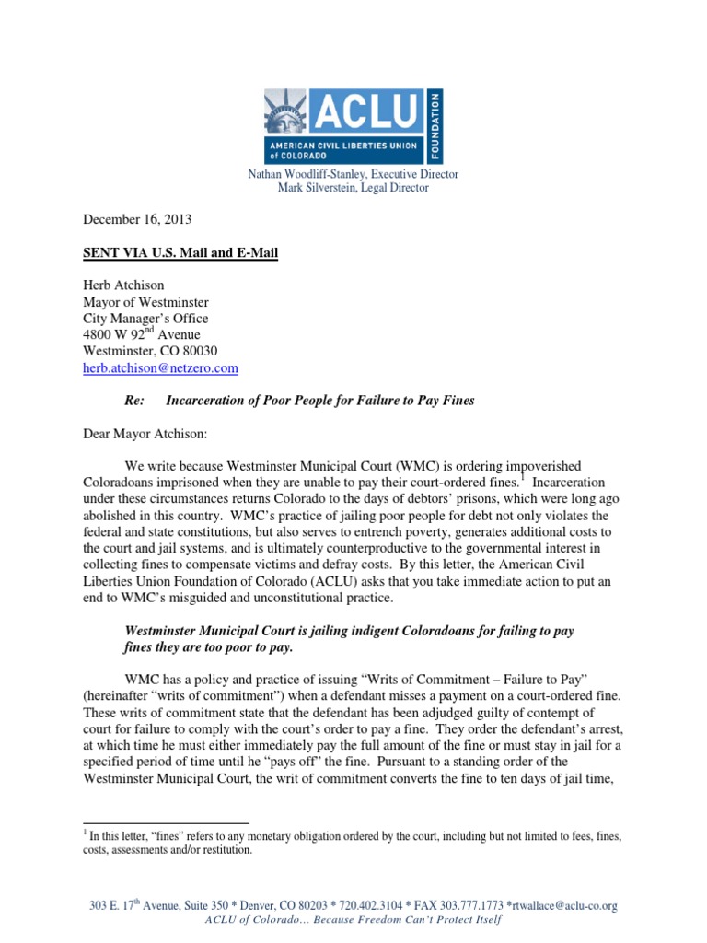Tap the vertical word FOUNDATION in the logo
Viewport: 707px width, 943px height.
tap(436, 126)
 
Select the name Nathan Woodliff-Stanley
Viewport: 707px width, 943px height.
tap(310, 174)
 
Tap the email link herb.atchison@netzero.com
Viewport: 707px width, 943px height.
tap(161, 367)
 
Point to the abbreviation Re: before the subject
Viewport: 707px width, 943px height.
tap(134, 401)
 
